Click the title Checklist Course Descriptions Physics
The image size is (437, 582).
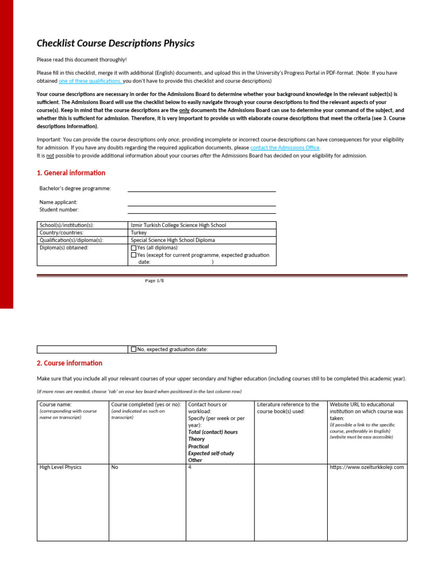click(116, 43)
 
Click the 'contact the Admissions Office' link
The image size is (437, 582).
click(281, 147)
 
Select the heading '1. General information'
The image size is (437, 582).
click(71, 173)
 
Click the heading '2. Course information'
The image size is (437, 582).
click(69, 363)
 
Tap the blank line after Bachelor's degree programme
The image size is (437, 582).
click(201, 189)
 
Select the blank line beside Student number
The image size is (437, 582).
click(201, 210)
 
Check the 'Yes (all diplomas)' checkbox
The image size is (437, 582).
click(134, 248)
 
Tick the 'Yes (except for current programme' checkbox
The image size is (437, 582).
click(134, 255)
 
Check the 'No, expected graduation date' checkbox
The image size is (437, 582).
click(134, 350)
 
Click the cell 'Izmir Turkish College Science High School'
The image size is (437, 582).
click(178, 225)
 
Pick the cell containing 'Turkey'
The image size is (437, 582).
click(139, 232)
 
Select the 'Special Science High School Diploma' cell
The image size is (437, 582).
click(173, 240)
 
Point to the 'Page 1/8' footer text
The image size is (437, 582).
click(154, 281)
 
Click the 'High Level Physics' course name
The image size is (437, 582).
click(60, 467)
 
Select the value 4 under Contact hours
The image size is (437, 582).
click(190, 467)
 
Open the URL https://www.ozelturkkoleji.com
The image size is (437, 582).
click(366, 467)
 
